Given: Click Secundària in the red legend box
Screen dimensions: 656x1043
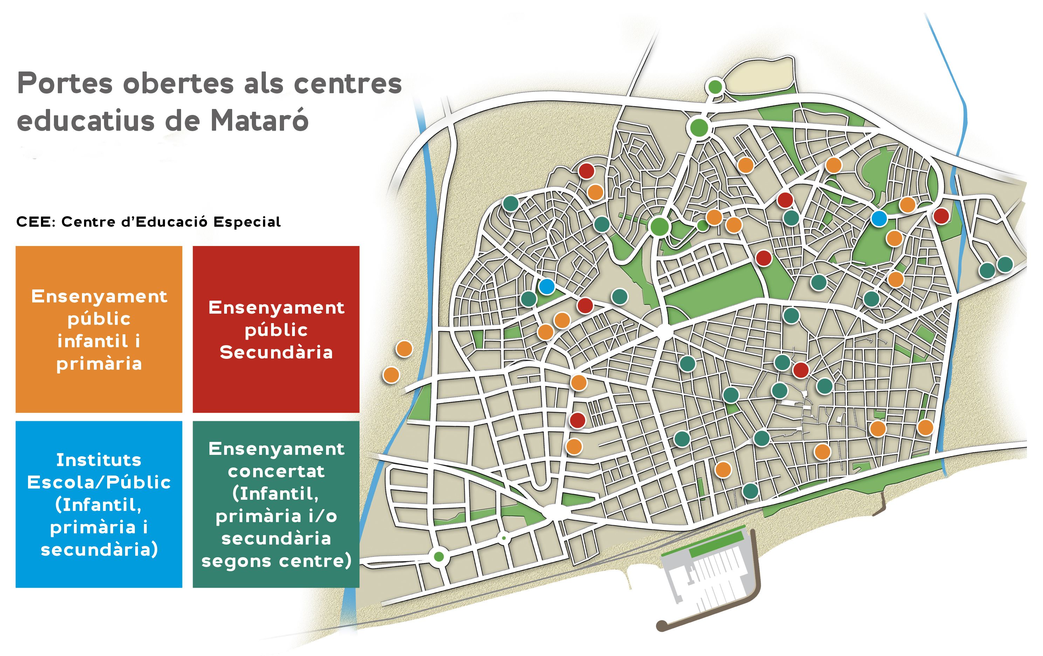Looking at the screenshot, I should point(276,352).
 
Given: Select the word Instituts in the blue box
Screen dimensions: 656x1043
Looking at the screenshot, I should point(99,460).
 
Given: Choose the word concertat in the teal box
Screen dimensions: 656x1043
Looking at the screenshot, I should point(276,471).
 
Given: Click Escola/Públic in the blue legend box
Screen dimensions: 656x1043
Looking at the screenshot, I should point(99,482).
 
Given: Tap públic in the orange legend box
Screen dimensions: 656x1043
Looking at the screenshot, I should point(99,319).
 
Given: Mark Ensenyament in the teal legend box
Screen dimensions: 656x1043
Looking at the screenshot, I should point(276,449).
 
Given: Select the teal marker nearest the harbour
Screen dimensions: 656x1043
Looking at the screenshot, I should point(750,491).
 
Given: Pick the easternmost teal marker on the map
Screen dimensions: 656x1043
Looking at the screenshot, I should point(1005,264).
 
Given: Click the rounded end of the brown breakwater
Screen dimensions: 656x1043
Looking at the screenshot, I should point(661,625).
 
